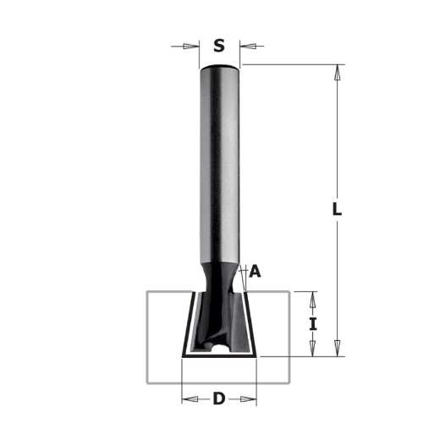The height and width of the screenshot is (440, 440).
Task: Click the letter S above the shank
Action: pos(219,47)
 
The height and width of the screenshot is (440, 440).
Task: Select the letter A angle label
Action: pos(256,272)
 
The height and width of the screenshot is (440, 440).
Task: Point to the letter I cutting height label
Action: pos(313,323)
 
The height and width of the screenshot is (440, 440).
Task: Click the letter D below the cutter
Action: pos(219,398)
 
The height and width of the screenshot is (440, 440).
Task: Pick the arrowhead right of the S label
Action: pos(246,47)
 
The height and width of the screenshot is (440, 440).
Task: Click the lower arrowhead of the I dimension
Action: pos(313,349)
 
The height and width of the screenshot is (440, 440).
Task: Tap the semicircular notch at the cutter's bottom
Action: pos(219,347)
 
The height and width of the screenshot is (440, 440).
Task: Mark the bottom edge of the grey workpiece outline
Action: pos(219,380)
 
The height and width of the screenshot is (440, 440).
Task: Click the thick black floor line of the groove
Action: pos(219,355)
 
